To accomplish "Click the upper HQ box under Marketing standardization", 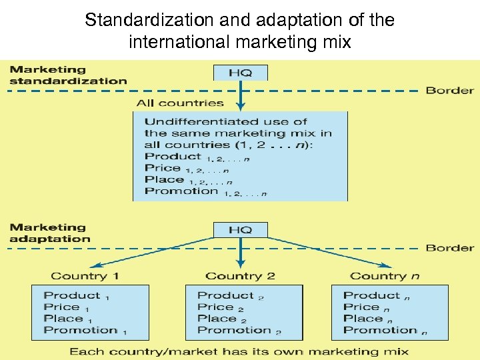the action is click(x=240, y=73).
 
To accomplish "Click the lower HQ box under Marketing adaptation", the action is click(x=240, y=230).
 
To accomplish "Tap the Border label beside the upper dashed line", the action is click(x=450, y=91).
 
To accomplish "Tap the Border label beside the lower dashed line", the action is click(x=450, y=248).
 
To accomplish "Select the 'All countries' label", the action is click(x=180, y=103).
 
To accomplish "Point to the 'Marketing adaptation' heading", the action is click(x=50, y=233).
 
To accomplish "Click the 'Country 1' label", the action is click(x=85, y=276).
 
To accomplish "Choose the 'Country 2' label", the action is click(x=240, y=276).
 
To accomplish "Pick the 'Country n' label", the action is click(x=385, y=276).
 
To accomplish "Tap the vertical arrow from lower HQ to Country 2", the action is click(x=241, y=253).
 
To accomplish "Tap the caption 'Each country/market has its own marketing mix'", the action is click(x=240, y=351).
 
